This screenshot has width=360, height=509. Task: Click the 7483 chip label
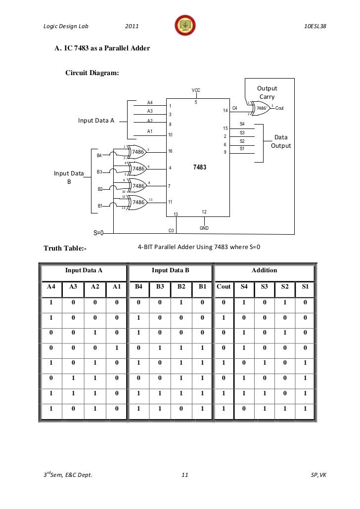[x=199, y=168]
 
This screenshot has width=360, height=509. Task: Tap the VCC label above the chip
[x=196, y=90]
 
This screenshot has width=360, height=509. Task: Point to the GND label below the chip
[x=204, y=228]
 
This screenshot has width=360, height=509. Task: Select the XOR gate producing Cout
[x=261, y=108]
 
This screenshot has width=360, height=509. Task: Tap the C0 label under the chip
[x=172, y=230]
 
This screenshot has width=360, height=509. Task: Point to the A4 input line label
[x=150, y=102]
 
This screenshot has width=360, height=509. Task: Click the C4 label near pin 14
[x=234, y=108]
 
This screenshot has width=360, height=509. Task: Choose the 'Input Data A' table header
[x=83, y=270]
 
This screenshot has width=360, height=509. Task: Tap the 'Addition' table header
[x=264, y=270]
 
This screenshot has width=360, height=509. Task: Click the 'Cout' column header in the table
[x=224, y=286]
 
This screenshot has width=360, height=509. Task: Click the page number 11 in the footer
[x=184, y=475]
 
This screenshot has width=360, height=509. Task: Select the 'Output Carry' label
[x=267, y=92]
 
